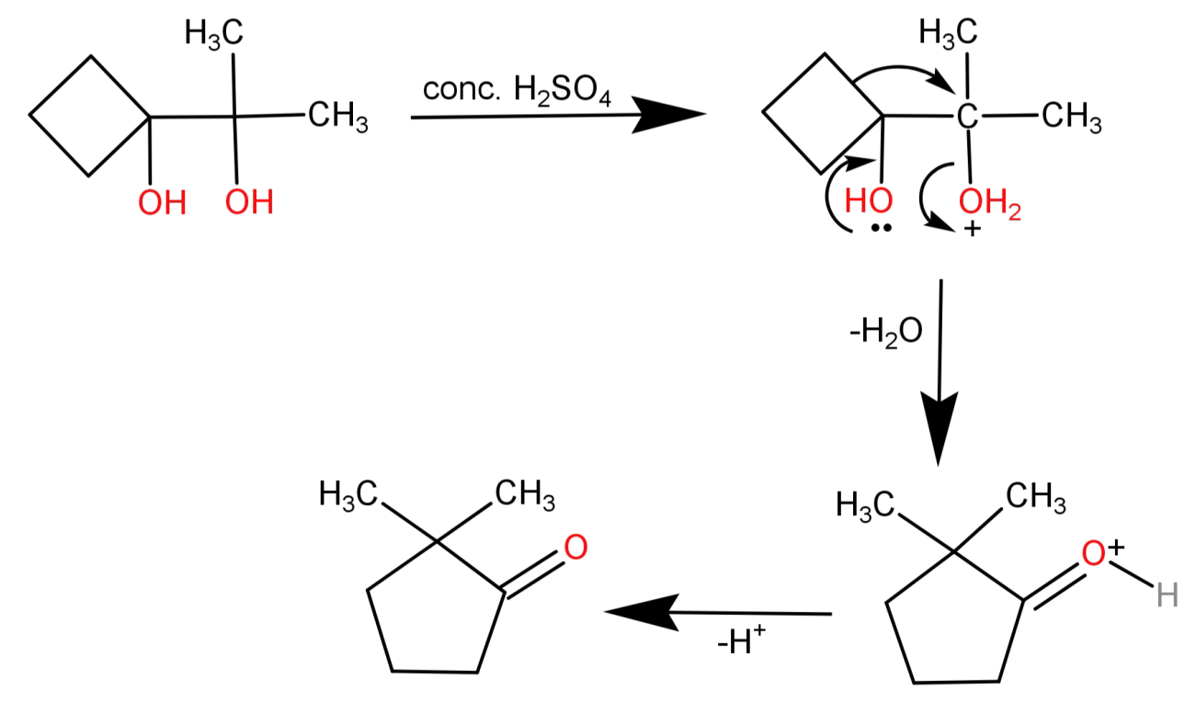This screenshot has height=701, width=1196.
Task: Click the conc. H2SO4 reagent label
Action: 516,92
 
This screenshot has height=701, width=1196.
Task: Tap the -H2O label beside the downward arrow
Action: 887,332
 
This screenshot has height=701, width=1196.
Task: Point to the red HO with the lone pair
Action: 868,202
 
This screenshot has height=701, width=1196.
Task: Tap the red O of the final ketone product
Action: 575,548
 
